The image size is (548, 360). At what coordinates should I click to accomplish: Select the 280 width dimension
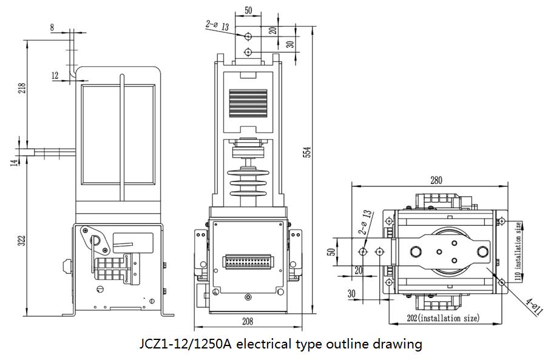[436, 180]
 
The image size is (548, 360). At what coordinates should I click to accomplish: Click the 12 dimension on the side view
[55, 75]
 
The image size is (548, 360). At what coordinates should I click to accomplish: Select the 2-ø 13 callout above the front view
[217, 25]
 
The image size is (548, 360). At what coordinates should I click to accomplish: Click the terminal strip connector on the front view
[247, 262]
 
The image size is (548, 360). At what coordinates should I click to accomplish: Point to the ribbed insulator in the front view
[247, 180]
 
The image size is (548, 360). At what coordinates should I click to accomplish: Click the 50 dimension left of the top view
[332, 251]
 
